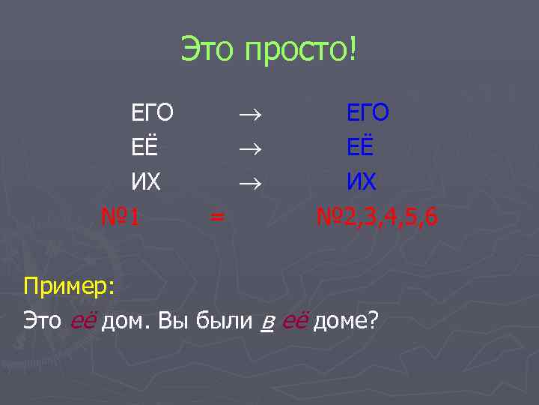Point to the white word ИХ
[x=146, y=182]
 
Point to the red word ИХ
[x=361, y=182]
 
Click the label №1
[x=122, y=217]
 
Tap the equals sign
[x=216, y=218]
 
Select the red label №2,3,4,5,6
[x=377, y=217]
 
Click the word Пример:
[x=70, y=286]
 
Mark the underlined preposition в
[x=267, y=323]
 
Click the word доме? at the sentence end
[x=345, y=322]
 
